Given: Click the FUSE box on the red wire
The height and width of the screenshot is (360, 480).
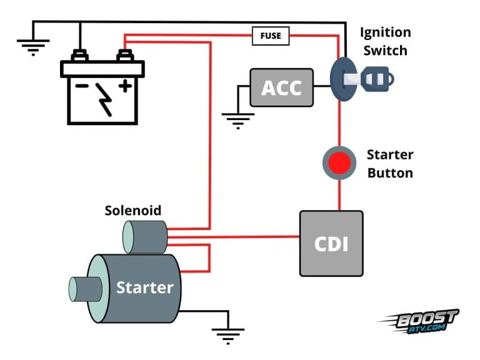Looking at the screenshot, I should [x=271, y=36].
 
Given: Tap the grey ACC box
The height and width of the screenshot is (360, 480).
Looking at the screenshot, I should [x=281, y=87].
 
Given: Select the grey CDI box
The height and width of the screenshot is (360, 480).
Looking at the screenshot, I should [x=331, y=243].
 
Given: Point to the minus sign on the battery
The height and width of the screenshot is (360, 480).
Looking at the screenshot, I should [x=81, y=86].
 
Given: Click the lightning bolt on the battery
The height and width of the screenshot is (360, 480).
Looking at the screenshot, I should [x=104, y=100].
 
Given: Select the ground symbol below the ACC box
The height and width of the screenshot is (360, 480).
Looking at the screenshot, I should [x=237, y=120].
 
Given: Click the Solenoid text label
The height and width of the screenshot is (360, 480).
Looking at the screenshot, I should [x=132, y=211].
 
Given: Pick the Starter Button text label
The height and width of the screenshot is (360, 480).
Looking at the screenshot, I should [x=389, y=164].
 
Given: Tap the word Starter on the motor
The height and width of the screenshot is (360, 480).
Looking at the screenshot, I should [x=144, y=287].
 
